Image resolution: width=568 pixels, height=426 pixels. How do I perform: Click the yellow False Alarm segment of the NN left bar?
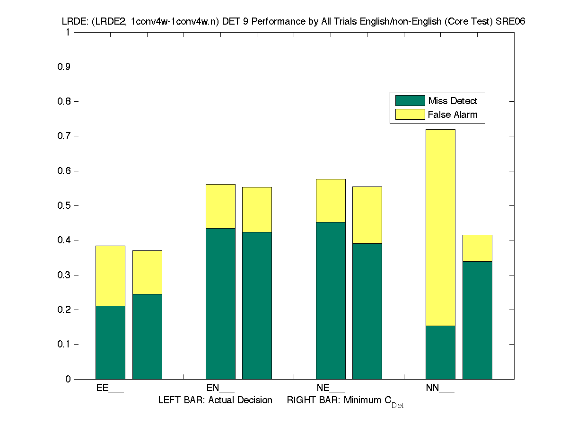[440, 227]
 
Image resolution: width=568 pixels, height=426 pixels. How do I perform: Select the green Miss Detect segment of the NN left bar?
[440, 352]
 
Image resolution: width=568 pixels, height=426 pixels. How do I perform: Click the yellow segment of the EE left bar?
[110, 275]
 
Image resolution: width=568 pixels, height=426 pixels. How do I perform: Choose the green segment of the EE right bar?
[147, 336]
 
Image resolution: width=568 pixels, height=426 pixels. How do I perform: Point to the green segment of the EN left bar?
[220, 303]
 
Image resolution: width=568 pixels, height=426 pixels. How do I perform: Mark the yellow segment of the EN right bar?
[257, 209]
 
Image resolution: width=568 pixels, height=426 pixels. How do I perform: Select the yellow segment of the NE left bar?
[331, 200]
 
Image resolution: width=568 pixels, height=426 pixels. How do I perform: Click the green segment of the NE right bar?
[367, 311]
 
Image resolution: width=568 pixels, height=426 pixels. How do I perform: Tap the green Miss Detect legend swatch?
[410, 101]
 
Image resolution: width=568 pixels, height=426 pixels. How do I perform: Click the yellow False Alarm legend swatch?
[410, 115]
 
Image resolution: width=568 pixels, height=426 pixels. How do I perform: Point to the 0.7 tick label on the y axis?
[64, 136]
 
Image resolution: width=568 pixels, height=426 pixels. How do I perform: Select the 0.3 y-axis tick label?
[64, 275]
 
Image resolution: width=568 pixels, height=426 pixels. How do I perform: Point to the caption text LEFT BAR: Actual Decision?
[215, 400]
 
